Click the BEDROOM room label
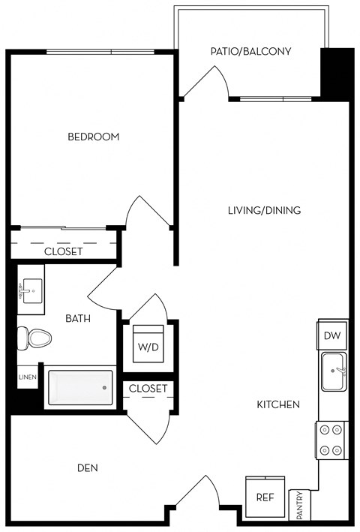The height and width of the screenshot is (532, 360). coord(94,137)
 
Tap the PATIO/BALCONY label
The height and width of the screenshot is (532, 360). coord(250,52)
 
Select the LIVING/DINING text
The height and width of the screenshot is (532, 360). coord(264,211)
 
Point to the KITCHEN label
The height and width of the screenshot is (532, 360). coord(278,404)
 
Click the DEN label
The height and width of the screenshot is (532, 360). coord(88,467)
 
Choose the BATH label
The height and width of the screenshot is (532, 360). coord(78,318)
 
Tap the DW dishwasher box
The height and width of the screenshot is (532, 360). coord(331,336)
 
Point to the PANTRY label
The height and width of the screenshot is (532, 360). coord(300,505)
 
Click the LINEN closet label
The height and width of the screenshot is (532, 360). coord(25,377)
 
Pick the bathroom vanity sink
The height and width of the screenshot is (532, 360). coord(31,289)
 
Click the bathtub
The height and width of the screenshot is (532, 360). coord(79,388)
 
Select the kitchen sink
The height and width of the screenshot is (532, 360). coord(334,372)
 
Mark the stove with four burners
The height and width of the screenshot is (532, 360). coord(330,440)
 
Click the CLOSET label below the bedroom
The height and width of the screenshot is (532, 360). coord(63,251)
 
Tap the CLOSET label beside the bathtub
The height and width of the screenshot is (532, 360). coord(148,389)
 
